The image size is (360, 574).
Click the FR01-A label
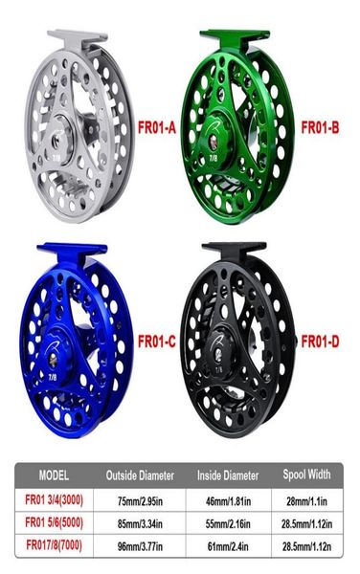tap(157, 128)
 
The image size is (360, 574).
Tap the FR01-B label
tap(320, 128)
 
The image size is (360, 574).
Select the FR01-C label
tap(157, 342)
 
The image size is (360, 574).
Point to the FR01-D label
tap(320, 342)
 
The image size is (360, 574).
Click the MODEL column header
tap(54, 475)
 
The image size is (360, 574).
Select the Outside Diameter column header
tap(140, 475)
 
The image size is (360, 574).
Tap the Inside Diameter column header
tap(228, 475)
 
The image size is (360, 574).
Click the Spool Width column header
tap(307, 475)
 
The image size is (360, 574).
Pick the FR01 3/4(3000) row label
tap(55, 499)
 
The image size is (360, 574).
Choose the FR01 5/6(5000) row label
tap(55, 522)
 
